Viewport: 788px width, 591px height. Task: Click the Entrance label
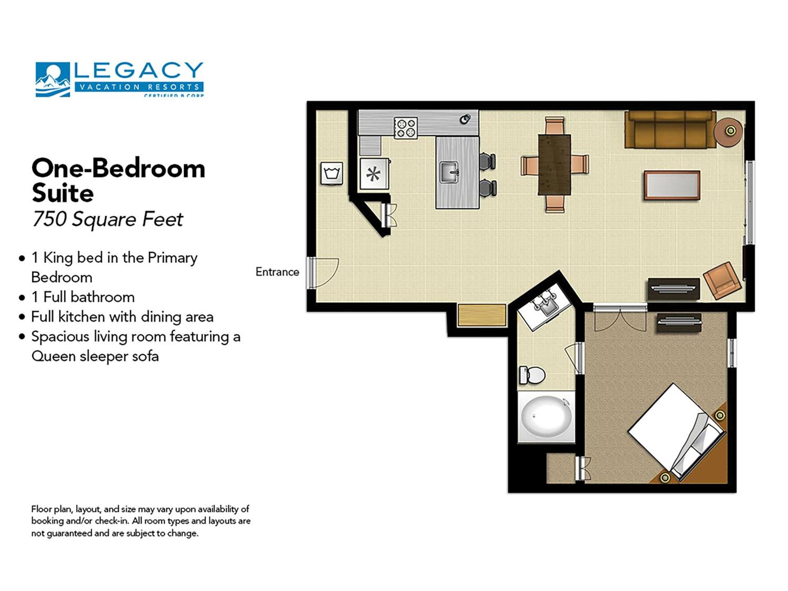click(x=277, y=272)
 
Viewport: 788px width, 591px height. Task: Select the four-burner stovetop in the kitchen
click(x=405, y=128)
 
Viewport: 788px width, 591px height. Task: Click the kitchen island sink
click(x=449, y=172)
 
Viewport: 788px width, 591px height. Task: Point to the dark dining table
click(x=554, y=165)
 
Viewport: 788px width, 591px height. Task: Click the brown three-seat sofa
click(x=670, y=131)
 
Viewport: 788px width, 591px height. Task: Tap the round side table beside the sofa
click(x=728, y=131)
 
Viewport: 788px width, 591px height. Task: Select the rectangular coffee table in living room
click(x=672, y=186)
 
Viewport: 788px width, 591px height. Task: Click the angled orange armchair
click(x=722, y=280)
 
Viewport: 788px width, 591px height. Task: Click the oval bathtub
click(x=545, y=417)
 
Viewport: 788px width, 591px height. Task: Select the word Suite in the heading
click(x=63, y=193)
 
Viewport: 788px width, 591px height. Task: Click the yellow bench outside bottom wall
click(x=481, y=316)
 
